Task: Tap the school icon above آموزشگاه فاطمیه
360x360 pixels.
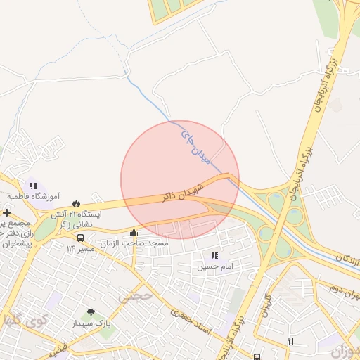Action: coord(33,186)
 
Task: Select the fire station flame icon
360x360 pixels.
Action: coord(75,203)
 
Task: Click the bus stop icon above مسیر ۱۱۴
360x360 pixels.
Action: coord(80,238)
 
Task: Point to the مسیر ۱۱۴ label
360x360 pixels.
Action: coord(80,248)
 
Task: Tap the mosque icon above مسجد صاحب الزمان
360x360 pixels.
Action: coord(134,233)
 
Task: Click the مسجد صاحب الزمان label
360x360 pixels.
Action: coord(134,243)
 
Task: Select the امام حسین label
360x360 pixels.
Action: coord(213,266)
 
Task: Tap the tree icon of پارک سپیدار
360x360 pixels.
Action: coord(90,313)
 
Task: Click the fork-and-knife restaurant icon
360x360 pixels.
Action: coord(290,341)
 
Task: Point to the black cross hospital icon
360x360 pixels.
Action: coord(6,212)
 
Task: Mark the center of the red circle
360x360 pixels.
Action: coord(180,179)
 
